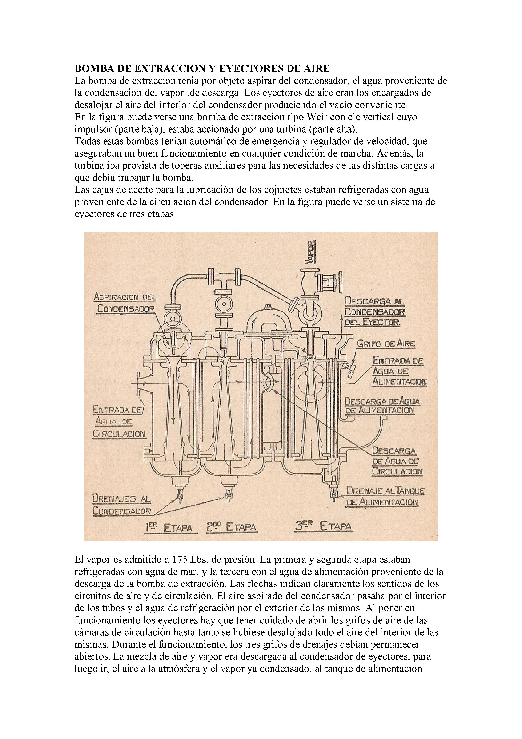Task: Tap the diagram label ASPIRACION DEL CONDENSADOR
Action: (125, 303)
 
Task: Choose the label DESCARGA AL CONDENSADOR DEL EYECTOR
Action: (374, 312)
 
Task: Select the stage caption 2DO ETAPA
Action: (231, 527)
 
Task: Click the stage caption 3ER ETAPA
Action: (324, 527)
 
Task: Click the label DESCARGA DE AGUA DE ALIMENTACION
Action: (382, 406)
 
